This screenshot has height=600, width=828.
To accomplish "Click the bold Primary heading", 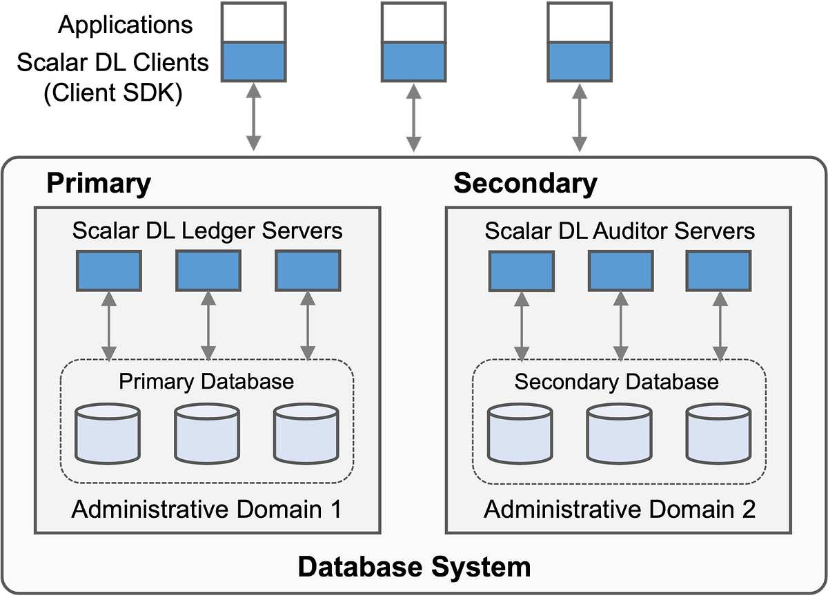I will point(99,184).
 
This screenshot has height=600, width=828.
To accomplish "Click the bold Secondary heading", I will point(525,184).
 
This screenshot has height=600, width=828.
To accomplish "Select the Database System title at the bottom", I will point(414,567).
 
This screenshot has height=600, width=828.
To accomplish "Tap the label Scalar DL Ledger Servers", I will point(207,230).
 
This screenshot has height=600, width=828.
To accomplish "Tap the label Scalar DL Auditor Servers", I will point(620,230).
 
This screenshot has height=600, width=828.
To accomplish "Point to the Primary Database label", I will point(206,381).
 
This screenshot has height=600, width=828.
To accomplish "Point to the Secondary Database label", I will point(617,381).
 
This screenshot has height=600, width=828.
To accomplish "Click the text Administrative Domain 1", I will point(207,510).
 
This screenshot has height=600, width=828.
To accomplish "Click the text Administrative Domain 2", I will point(620,510).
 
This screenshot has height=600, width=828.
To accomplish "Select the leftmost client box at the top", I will point(253,41).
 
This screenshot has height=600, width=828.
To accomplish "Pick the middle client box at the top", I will point(413,41).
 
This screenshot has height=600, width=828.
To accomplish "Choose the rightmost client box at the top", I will point(580,41).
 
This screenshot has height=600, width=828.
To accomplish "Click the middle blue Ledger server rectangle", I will point(208,270).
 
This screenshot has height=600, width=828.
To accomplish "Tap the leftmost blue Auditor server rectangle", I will point(521,271).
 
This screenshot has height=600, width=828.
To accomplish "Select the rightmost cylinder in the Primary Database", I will point(306,434).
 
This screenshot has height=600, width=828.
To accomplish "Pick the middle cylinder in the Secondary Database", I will point(619,434).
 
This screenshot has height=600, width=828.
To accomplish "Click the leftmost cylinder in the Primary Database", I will point(108,434).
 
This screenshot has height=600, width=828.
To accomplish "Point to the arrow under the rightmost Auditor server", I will point(718,325).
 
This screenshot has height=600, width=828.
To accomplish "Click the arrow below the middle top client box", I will point(413,117).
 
